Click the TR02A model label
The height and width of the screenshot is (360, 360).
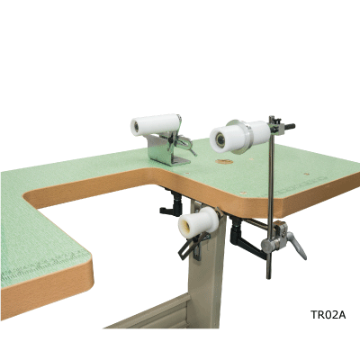pos(328,315)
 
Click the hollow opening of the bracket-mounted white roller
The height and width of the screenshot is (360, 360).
pos(137,127)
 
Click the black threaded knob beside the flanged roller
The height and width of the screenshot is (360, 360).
pos(289,126)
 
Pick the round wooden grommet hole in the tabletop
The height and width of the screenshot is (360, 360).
pos(224,162)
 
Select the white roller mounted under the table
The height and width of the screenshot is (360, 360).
pos(198,222)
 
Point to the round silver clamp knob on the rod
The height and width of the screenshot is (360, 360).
pos(267,245)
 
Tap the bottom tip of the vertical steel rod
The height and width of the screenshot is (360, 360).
pos(269,278)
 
